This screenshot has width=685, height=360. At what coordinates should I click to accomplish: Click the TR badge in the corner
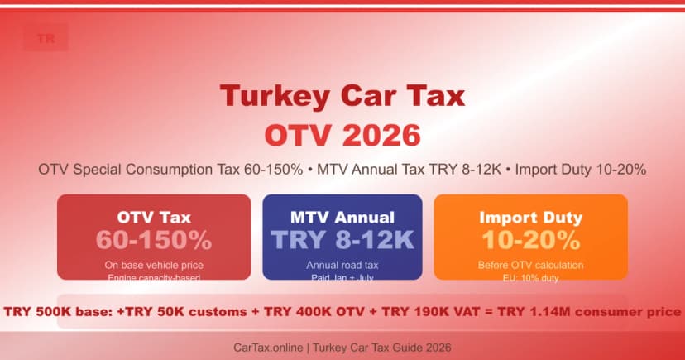pos(46,39)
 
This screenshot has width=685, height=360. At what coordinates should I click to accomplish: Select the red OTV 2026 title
pos(342,133)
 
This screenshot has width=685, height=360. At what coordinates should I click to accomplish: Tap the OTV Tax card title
pos(154,218)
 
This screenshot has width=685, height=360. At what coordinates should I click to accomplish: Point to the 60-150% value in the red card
pos(154,240)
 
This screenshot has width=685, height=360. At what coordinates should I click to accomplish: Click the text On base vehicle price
pos(154,265)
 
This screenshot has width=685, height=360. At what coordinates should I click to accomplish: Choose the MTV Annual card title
pos(342,218)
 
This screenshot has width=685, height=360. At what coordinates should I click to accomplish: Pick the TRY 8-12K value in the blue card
pos(342,240)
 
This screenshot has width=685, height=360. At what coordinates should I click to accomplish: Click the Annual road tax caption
pos(342,265)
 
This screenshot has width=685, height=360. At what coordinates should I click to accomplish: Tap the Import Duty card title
pos(530,218)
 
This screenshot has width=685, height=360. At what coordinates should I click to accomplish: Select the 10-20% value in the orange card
pos(530,240)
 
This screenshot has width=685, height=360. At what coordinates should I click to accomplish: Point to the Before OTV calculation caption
pos(530,265)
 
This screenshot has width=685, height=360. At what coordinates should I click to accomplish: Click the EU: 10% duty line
pos(530,277)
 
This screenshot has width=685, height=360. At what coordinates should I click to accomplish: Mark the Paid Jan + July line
pos(342,277)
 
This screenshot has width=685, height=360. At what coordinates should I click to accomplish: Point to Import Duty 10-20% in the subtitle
pos(580,169)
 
